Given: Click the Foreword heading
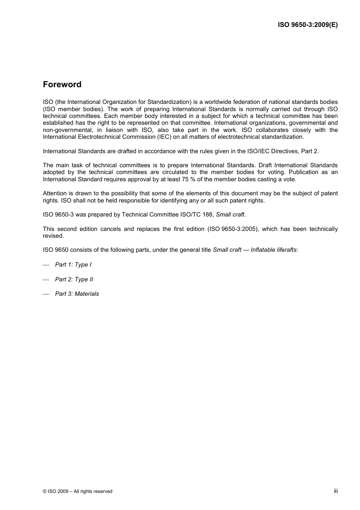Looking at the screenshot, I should tap(62, 85).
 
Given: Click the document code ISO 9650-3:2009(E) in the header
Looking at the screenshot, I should tap(308, 25).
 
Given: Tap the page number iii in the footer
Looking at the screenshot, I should tap(336, 491).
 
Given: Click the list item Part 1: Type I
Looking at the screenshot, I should tap(73, 265).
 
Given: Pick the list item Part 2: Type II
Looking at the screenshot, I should tap(74, 279).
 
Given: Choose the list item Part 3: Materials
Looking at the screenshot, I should tap(77, 294).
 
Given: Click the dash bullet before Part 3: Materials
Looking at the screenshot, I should tap(46, 294).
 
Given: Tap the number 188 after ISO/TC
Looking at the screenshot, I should tap(207, 215).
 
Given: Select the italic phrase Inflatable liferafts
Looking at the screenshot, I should tap(274, 250).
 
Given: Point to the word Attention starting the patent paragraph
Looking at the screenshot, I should tap(55, 193).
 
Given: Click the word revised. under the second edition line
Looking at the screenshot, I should tap(53, 236).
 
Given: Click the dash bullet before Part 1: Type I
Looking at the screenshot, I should tap(46, 265).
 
